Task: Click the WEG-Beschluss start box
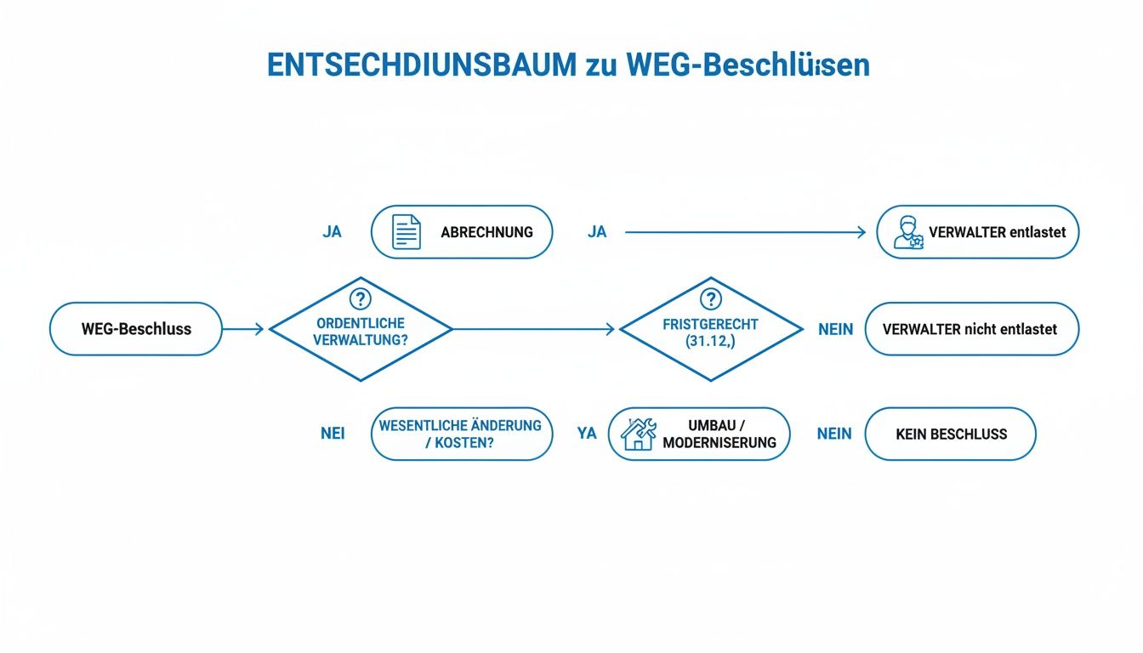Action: pos(136,329)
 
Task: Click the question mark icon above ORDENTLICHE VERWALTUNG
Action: pos(361,299)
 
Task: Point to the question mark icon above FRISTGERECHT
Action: pos(710,299)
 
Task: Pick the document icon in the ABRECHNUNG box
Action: pos(406,232)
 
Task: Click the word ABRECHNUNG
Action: pos(486,232)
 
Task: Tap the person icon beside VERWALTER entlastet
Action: pos(907,232)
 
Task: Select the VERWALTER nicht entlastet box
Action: pos(971,329)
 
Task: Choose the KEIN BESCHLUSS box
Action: pos(950,434)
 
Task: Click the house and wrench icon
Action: pos(638,434)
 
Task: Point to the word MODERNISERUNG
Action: pos(719,443)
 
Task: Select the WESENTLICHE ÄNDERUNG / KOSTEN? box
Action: pos(462,434)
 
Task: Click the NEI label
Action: pos(333,434)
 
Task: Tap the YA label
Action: pos(587,434)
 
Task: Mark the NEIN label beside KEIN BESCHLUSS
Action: pos(834,434)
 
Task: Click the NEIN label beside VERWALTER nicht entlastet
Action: pos(835,329)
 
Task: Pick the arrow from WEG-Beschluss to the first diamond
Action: pos(243,329)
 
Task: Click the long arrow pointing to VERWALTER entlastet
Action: pos(745,232)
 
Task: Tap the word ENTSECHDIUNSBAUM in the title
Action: pos(421,66)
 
